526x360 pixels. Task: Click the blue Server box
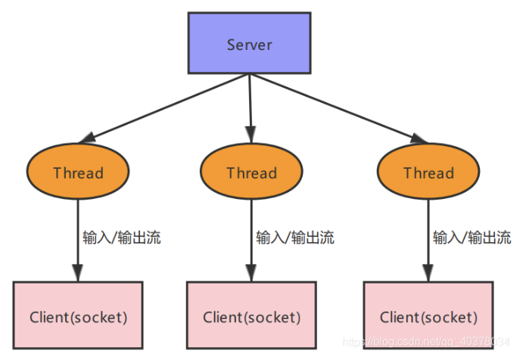pos(249,43)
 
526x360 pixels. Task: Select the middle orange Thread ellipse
pos(251,172)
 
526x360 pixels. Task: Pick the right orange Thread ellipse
pos(428,172)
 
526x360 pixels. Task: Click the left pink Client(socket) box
pos(78,315)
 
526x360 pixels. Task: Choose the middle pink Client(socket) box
pos(251,315)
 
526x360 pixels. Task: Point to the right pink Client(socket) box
pos(428,315)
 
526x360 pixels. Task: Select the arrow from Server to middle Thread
pos(250,106)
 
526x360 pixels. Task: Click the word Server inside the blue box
pos(249,44)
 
